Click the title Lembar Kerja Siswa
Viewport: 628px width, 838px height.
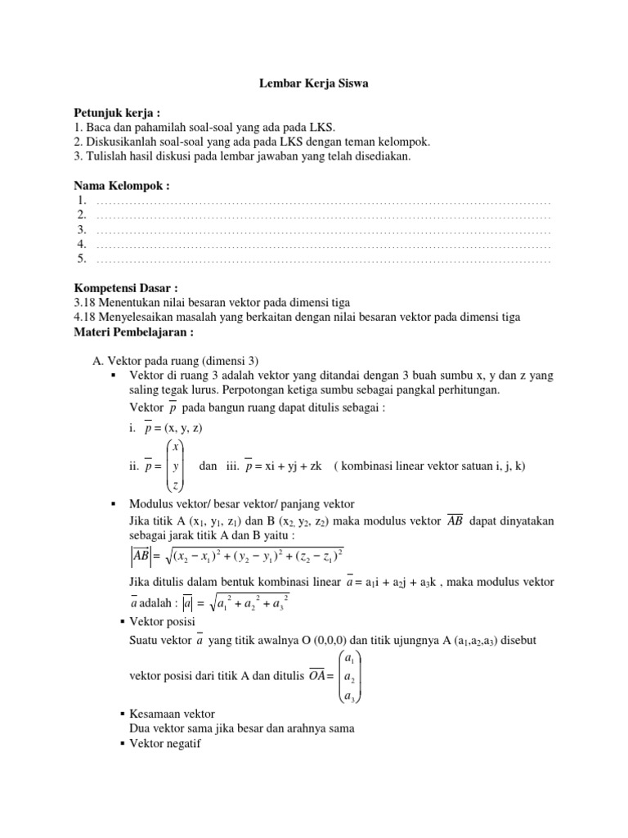(313, 83)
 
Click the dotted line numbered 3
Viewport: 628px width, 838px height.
(323, 230)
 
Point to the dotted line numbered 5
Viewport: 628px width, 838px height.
(323, 259)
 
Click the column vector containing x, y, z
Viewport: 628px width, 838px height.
(175, 466)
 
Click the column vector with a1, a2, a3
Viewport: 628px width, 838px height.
(348, 677)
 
